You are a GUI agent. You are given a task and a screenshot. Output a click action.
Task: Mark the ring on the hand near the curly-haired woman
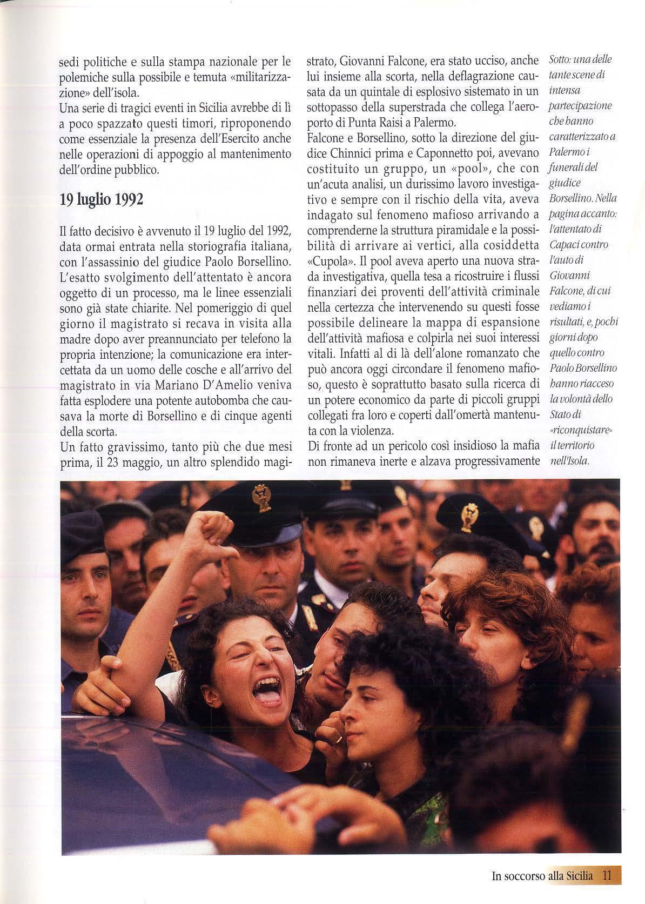[339, 738]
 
